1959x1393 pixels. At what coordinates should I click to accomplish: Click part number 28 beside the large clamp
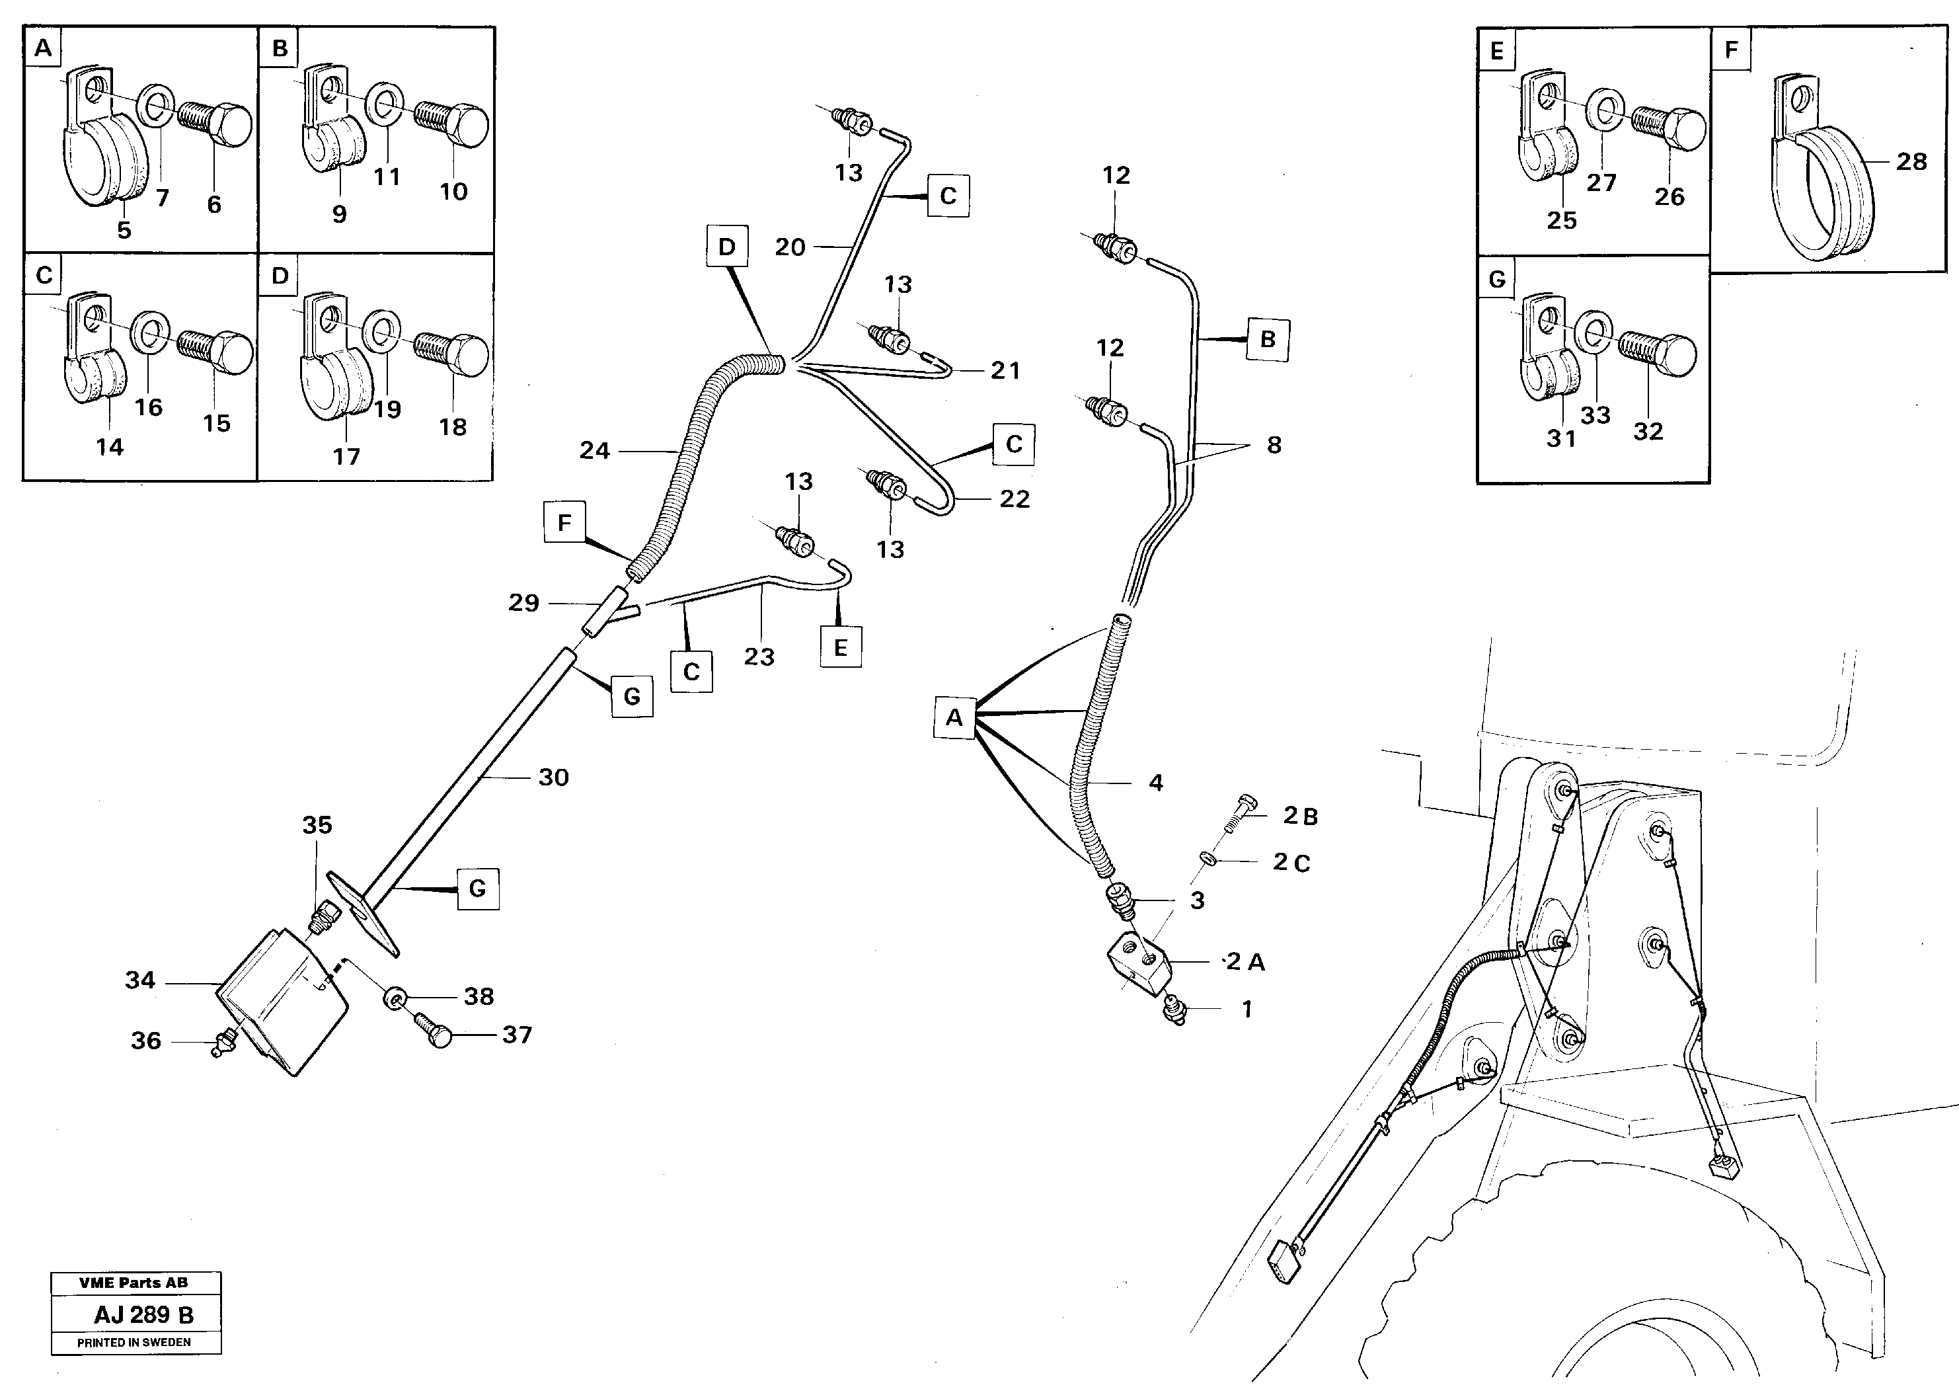point(1911,161)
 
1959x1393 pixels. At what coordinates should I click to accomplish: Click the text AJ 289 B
point(144,1314)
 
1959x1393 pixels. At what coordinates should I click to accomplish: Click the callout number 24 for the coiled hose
point(594,450)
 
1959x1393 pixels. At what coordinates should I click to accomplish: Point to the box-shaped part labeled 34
point(283,1000)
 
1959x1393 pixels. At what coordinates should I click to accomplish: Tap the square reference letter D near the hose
point(727,248)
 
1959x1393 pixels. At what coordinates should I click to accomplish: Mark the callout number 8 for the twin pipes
point(1274,444)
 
